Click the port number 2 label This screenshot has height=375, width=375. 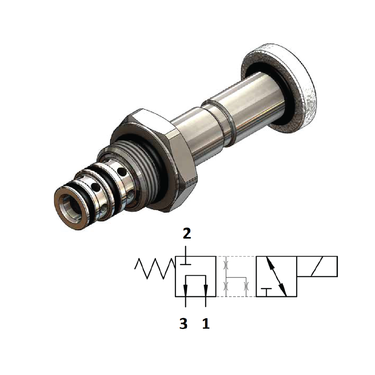[x=187, y=234]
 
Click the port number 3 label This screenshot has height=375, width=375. [x=183, y=324]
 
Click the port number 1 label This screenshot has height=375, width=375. [x=206, y=324]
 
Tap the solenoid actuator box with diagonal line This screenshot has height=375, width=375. [x=317, y=266]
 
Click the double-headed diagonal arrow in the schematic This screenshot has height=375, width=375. [x=276, y=276]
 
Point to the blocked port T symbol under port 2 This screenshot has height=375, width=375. [x=185, y=263]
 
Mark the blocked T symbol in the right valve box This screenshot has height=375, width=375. [x=266, y=290]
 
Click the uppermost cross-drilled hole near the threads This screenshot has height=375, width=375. [x=122, y=172]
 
